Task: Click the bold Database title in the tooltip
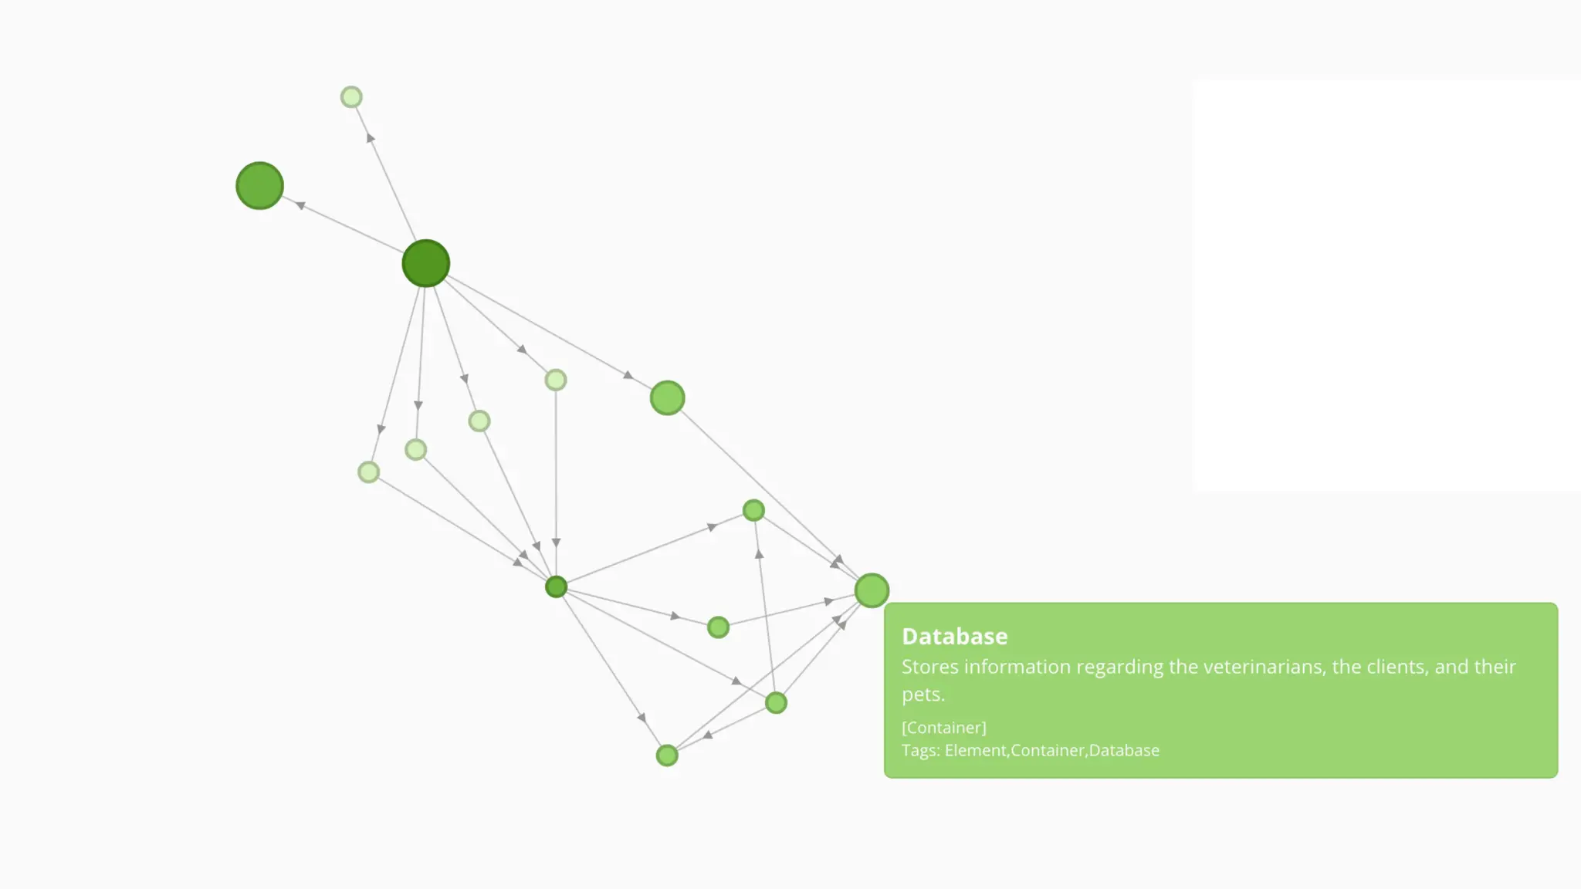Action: click(x=954, y=637)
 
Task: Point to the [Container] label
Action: click(x=943, y=728)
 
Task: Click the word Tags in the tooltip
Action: click(x=919, y=751)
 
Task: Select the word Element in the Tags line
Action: click(x=975, y=751)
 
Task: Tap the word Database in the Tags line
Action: click(x=1123, y=751)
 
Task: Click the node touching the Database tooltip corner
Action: click(x=872, y=591)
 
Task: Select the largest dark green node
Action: click(x=426, y=263)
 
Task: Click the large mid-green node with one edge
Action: click(x=259, y=186)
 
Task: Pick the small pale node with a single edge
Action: click(x=351, y=97)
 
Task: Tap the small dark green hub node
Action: click(x=556, y=587)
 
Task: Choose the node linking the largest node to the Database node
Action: click(x=667, y=398)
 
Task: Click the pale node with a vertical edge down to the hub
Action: click(x=556, y=380)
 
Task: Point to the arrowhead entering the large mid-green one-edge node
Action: click(x=300, y=205)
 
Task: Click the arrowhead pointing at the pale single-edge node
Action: click(x=371, y=138)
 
